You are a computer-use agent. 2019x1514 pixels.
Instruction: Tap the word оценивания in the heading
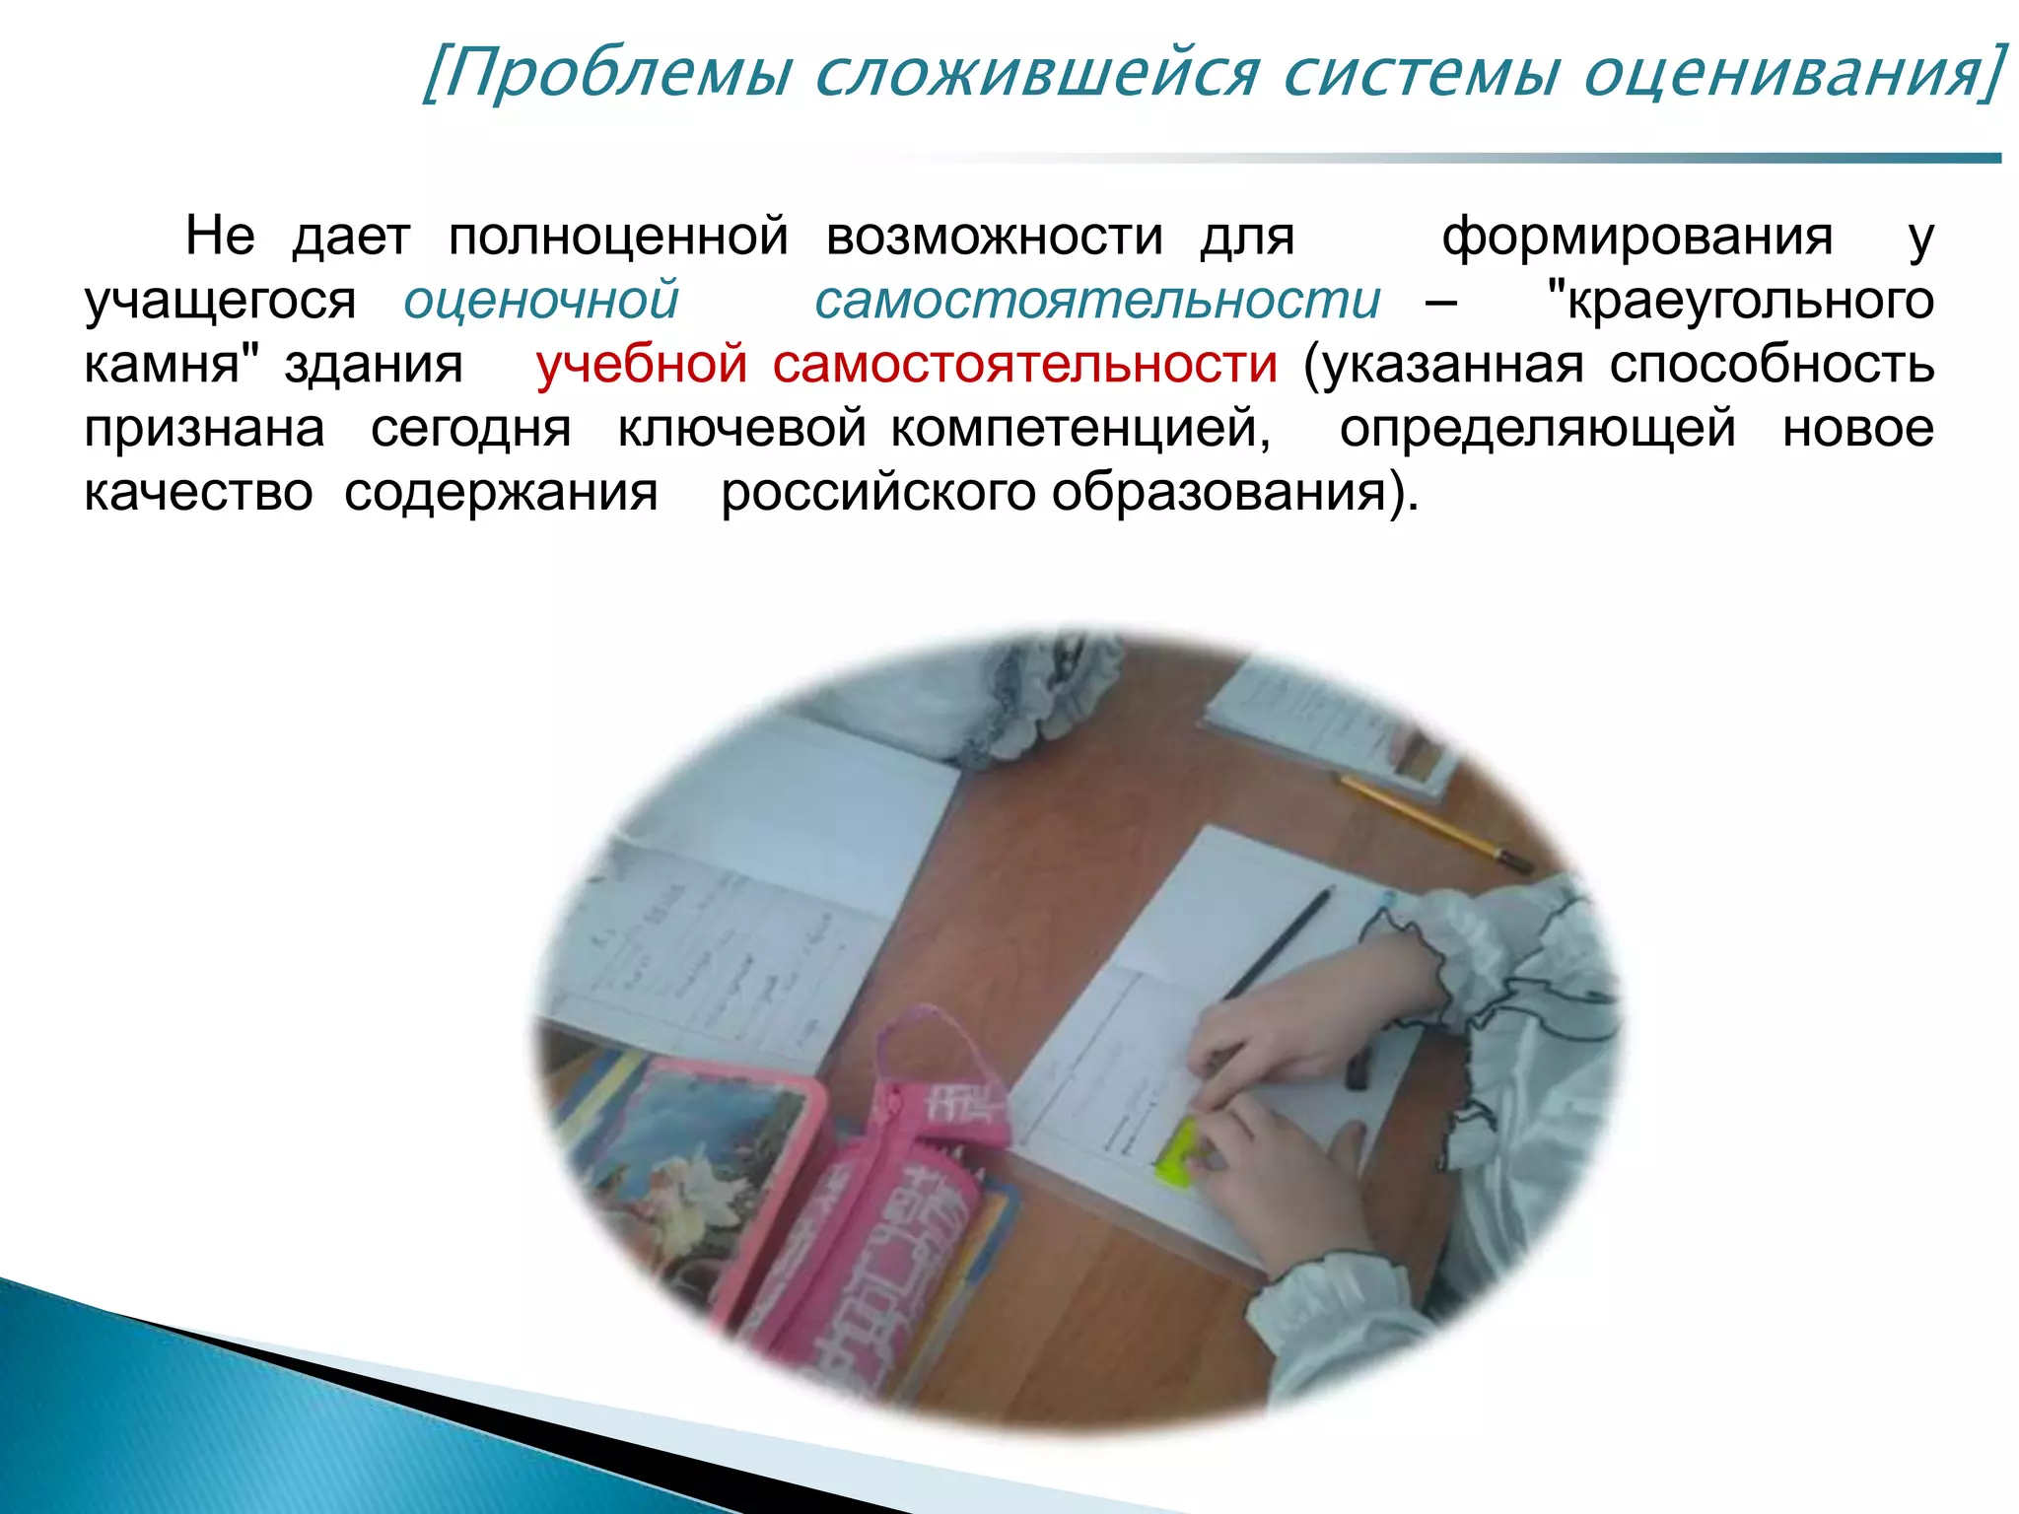pos(1784,74)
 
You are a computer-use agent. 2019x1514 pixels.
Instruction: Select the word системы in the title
pos(1420,74)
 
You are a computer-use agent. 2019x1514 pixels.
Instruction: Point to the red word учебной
pos(642,365)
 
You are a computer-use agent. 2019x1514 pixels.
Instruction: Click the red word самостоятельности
pos(1025,365)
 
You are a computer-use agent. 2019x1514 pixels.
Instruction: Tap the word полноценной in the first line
pos(618,238)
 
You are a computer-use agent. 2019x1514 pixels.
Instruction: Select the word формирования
pos(1636,238)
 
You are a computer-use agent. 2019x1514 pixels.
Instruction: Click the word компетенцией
pos(1080,429)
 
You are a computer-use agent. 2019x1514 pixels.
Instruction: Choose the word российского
pos(877,493)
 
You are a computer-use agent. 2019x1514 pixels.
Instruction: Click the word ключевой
pos(741,429)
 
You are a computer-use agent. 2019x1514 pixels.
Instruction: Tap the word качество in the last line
pos(198,493)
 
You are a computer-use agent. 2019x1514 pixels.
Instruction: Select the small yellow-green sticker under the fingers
pos(1178,1153)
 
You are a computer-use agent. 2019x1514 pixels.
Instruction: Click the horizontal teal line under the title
pos(1479,158)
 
